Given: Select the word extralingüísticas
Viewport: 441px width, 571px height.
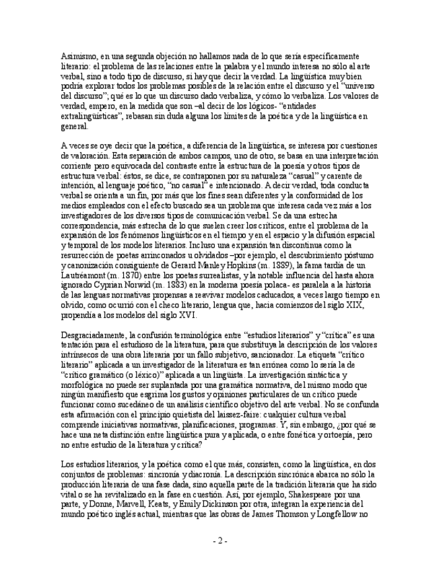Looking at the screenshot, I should coord(91,116).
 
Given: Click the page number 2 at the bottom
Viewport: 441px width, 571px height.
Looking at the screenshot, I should coord(220,541).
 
